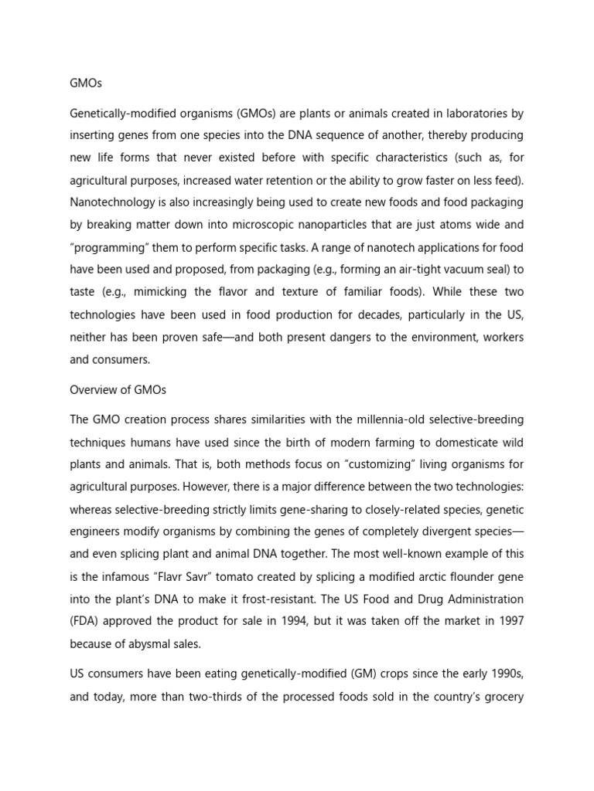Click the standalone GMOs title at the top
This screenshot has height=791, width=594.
pyautogui.click(x=86, y=83)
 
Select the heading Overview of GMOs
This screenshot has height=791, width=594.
pyautogui.click(x=118, y=390)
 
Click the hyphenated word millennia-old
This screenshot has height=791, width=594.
pyautogui.click(x=394, y=419)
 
